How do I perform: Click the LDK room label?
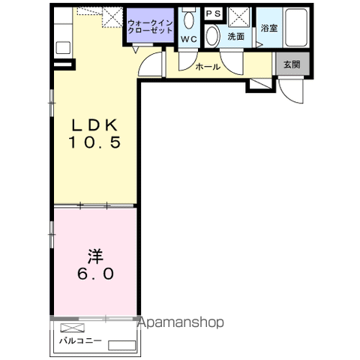(94, 125)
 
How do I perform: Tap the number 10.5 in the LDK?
(94, 142)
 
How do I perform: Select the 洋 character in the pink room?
(95, 256)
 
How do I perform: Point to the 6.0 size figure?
(96, 274)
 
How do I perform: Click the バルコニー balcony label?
(80, 340)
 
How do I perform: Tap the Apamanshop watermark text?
(181, 322)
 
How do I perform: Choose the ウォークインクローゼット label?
(150, 27)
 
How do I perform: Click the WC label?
(189, 39)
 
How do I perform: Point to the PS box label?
(214, 13)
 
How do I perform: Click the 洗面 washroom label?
(235, 37)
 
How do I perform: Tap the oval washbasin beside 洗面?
(212, 36)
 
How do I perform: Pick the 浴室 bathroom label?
(269, 28)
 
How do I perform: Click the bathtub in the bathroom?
(296, 28)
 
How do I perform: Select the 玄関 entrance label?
(292, 64)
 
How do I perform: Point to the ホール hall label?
(208, 67)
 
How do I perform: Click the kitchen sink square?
(63, 47)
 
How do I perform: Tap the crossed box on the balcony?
(73, 328)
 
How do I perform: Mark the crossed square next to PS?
(239, 16)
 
